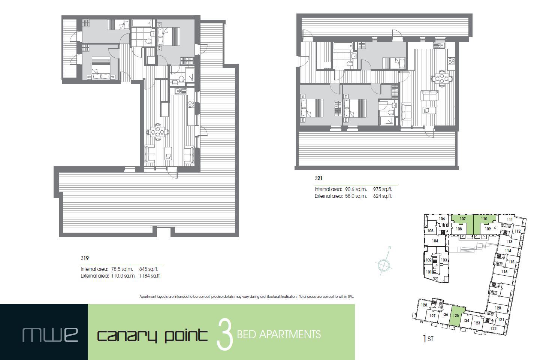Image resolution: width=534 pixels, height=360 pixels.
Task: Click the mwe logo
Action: (50, 334)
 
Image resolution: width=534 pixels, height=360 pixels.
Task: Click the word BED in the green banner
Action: (247, 334)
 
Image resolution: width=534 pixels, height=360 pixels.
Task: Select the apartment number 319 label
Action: (84, 258)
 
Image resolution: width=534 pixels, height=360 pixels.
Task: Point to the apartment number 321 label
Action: (318, 178)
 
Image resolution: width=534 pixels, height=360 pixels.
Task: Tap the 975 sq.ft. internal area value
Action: (382, 189)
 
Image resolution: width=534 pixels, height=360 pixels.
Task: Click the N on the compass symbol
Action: (390, 247)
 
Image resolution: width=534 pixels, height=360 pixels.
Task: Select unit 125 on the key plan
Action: (456, 315)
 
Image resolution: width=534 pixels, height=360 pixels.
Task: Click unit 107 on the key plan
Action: (462, 219)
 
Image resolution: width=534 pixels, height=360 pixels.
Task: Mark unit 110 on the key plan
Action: (484, 219)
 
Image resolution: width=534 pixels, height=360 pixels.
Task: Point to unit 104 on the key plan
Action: (435, 241)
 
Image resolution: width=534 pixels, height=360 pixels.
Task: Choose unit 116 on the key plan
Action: (504, 272)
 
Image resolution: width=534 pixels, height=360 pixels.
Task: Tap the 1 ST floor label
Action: (428, 339)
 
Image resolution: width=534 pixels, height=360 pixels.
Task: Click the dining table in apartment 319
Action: (158, 131)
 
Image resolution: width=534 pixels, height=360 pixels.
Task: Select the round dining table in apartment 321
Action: (442, 79)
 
